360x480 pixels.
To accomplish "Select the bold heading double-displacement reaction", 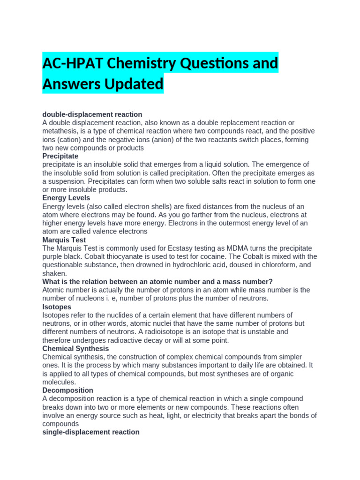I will (x=92, y=114).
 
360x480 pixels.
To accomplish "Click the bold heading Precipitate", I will (x=60, y=156).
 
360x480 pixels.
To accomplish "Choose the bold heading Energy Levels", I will (x=67, y=198).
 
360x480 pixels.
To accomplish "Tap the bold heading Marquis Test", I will (x=64, y=240).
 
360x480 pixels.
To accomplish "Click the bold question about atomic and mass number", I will (x=157, y=282).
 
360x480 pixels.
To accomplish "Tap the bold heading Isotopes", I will (x=57, y=307).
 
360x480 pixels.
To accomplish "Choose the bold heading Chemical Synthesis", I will (x=75, y=349).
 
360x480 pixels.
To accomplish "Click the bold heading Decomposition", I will (x=67, y=390).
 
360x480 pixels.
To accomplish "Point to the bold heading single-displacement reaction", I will (x=91, y=432).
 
